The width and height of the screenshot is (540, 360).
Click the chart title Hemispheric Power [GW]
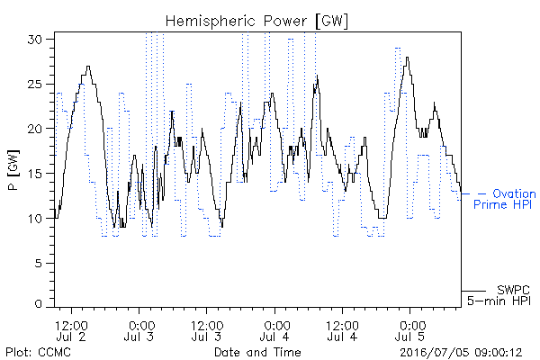click(x=256, y=22)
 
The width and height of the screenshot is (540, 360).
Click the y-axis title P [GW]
click(x=13, y=170)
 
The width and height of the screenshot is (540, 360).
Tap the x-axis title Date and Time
click(x=257, y=352)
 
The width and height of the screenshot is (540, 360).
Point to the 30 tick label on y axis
click(x=34, y=40)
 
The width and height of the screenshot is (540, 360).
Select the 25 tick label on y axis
click(x=34, y=84)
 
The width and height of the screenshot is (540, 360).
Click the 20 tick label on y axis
click(x=34, y=129)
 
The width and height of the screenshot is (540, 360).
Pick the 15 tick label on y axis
click(x=34, y=174)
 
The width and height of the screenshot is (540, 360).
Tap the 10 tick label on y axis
click(x=34, y=218)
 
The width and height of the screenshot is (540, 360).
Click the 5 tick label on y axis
click(x=39, y=263)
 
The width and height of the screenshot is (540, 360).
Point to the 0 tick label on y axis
click(x=39, y=304)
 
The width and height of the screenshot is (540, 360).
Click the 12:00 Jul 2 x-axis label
click(x=72, y=331)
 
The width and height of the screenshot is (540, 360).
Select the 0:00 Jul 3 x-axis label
click(x=139, y=331)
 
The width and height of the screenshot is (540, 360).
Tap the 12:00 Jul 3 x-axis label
click(x=207, y=331)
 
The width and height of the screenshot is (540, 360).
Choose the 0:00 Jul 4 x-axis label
click(x=274, y=331)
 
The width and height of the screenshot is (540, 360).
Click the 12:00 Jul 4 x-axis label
click(x=342, y=331)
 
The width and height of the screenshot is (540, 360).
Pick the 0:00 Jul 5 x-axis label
click(x=409, y=331)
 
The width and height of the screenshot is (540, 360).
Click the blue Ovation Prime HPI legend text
click(x=505, y=199)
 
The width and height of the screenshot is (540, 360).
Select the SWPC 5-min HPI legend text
click(x=499, y=295)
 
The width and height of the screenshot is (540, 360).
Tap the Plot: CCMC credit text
click(x=38, y=352)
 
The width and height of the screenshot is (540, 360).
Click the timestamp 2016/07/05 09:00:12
click(x=461, y=353)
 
